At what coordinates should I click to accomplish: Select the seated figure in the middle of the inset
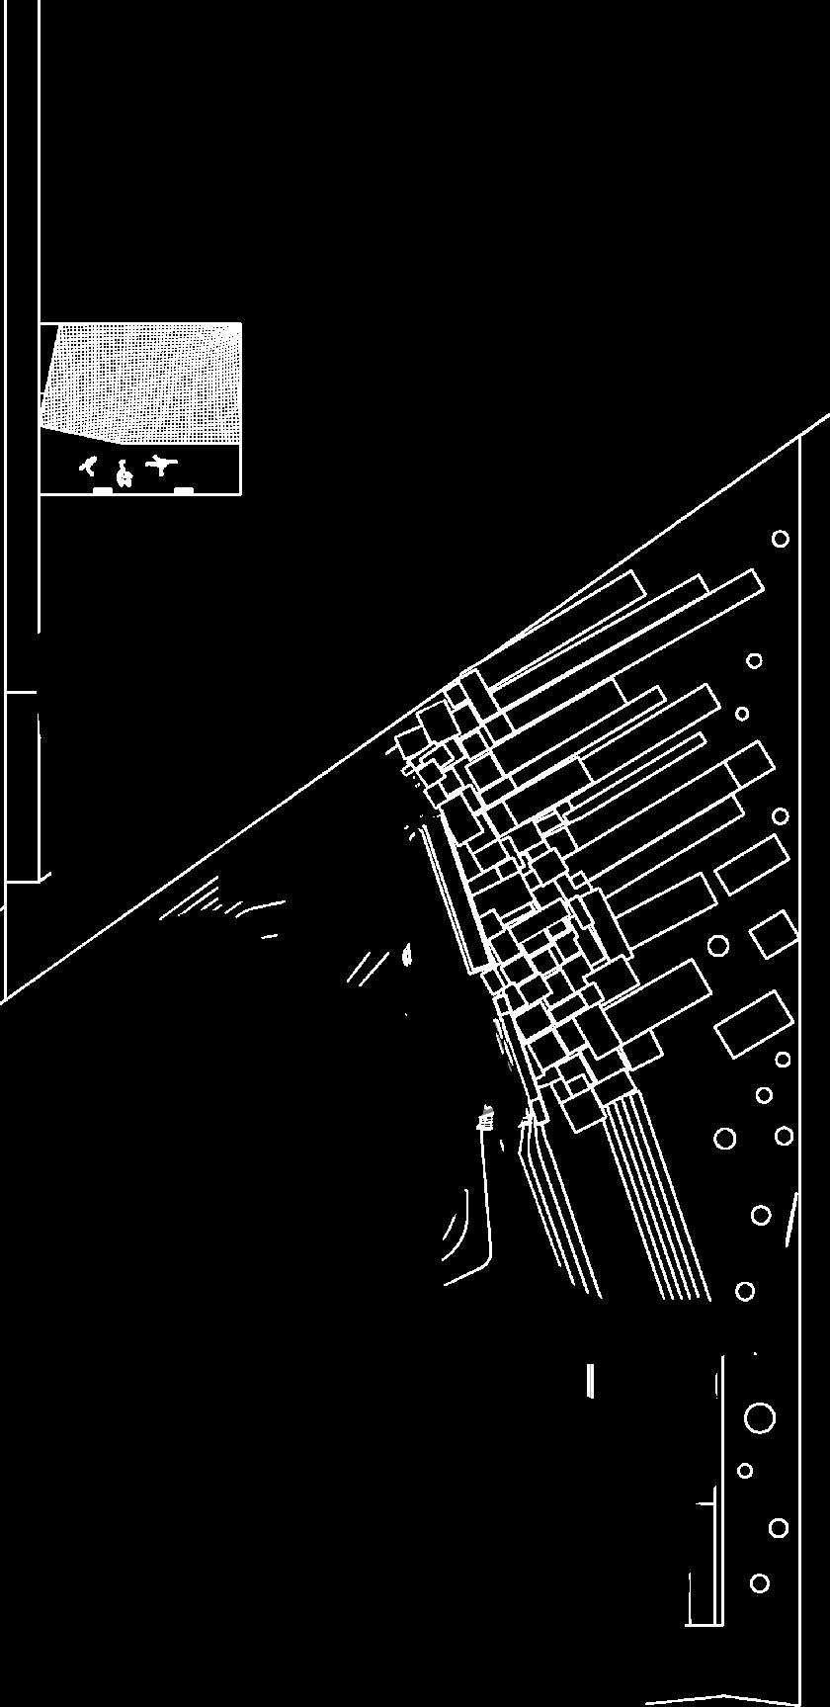click(124, 475)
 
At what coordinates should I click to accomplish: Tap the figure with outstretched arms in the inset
click(160, 464)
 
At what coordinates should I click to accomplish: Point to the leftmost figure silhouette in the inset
click(89, 466)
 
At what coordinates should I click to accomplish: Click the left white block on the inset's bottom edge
click(102, 490)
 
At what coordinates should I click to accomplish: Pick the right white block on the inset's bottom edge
click(184, 490)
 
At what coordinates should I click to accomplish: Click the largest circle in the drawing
click(759, 1418)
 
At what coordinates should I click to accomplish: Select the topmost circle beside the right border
click(781, 539)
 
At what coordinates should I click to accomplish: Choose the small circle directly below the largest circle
click(745, 1471)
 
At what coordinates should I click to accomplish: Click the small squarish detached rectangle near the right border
click(774, 934)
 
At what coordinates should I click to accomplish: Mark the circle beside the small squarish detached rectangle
click(718, 946)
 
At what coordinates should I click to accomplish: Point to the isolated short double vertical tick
click(591, 1380)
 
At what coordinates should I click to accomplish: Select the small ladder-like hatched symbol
click(485, 1119)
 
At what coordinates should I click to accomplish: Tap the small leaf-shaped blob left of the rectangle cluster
click(406, 955)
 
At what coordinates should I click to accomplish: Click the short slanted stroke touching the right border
click(791, 1220)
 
